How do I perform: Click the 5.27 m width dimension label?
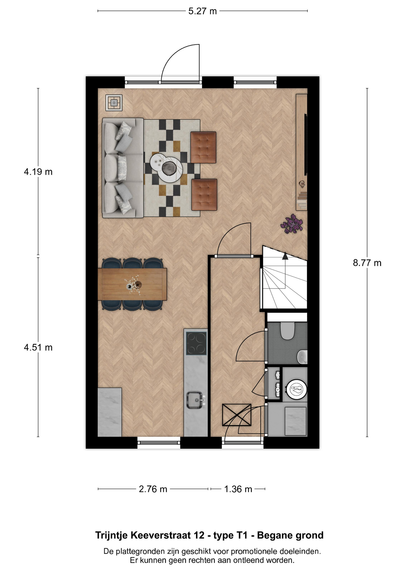tap(202, 11)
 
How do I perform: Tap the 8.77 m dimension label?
tap(367, 263)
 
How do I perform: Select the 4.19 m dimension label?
tap(38, 172)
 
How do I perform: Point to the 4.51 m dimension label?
tap(38, 347)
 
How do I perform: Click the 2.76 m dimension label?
tap(153, 489)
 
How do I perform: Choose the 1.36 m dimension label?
tap(238, 489)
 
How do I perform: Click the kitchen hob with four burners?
tap(196, 343)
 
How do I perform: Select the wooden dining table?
tap(132, 284)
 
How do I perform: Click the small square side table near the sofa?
tap(114, 103)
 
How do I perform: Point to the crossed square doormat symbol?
tap(236, 415)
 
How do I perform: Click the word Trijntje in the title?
tap(111, 535)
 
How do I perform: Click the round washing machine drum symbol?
tap(296, 388)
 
